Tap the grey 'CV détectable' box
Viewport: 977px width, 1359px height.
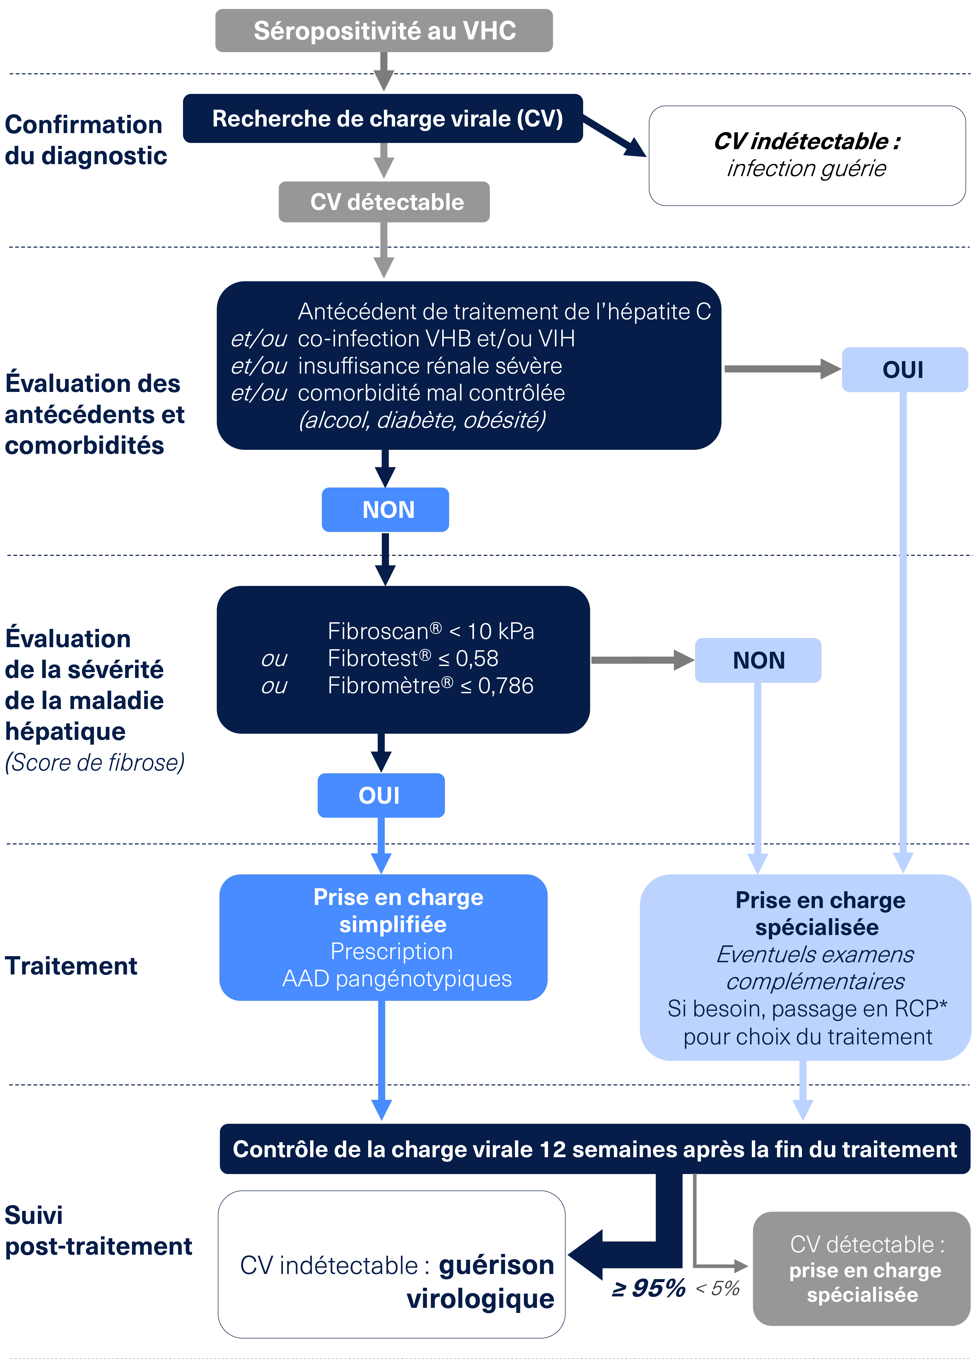click(384, 202)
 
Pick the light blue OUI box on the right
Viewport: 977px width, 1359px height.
click(904, 370)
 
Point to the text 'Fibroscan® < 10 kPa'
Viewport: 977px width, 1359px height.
click(431, 631)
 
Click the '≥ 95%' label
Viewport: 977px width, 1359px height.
click(649, 1288)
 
